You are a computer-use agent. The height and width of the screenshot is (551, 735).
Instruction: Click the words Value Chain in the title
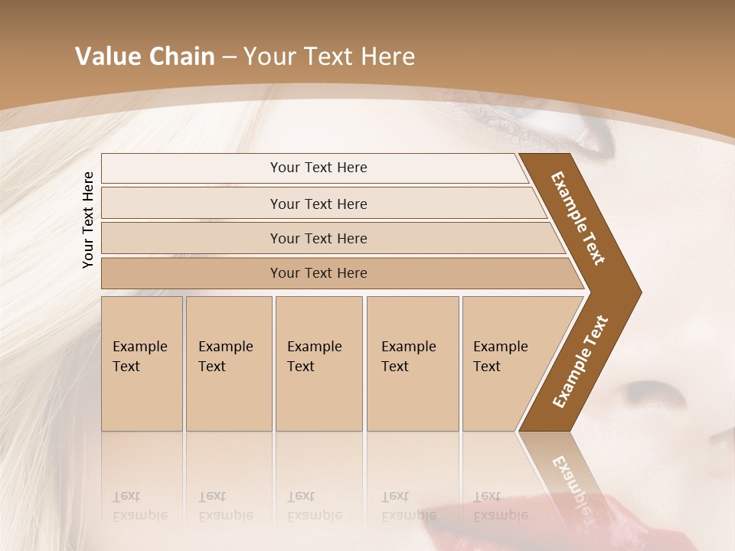click(x=145, y=57)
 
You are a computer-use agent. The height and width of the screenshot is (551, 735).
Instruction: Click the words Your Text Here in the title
click(x=329, y=57)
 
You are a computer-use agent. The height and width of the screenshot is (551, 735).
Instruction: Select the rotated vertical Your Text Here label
click(x=88, y=220)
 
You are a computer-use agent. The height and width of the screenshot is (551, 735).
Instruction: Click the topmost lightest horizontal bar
click(x=318, y=168)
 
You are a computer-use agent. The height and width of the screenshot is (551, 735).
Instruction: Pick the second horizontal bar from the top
click(x=318, y=204)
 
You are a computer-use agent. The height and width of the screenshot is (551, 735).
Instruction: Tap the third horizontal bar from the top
click(x=318, y=238)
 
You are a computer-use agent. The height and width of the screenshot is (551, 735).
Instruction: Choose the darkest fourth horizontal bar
click(x=318, y=273)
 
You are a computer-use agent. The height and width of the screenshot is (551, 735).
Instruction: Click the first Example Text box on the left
click(x=142, y=364)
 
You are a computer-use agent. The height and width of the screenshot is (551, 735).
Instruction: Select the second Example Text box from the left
click(x=228, y=364)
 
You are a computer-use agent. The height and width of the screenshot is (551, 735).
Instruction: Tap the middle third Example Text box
click(x=318, y=364)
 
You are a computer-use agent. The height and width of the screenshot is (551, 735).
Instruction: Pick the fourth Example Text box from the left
click(x=412, y=364)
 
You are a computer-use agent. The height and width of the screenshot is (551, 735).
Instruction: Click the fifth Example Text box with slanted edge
click(x=505, y=364)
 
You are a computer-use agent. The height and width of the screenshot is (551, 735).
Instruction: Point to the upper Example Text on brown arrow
click(x=578, y=218)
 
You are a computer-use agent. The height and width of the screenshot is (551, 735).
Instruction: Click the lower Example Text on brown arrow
click(x=580, y=362)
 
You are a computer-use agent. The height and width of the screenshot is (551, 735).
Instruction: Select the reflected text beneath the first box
click(x=140, y=506)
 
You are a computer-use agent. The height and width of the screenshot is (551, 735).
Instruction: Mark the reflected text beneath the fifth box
click(x=501, y=506)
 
